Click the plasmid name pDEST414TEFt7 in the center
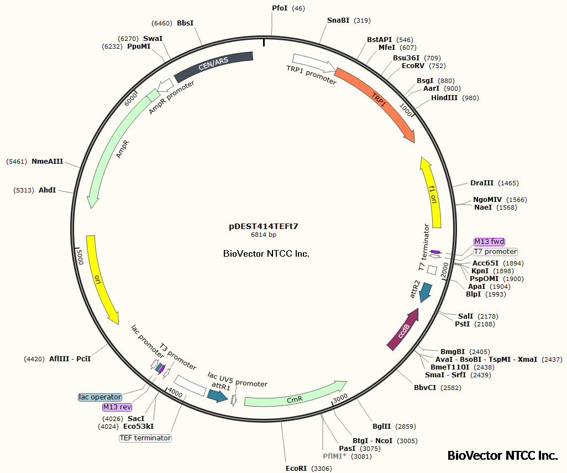coord(264,226)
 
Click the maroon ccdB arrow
coord(402,331)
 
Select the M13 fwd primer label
coord(489,241)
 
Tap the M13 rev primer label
coord(117,407)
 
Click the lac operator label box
coord(100,397)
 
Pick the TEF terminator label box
coord(145,438)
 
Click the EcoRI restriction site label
coord(296,468)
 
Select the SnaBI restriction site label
coord(338,20)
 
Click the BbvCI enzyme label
coord(426,388)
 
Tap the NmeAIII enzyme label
coord(47,162)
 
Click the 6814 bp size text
coord(264,235)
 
